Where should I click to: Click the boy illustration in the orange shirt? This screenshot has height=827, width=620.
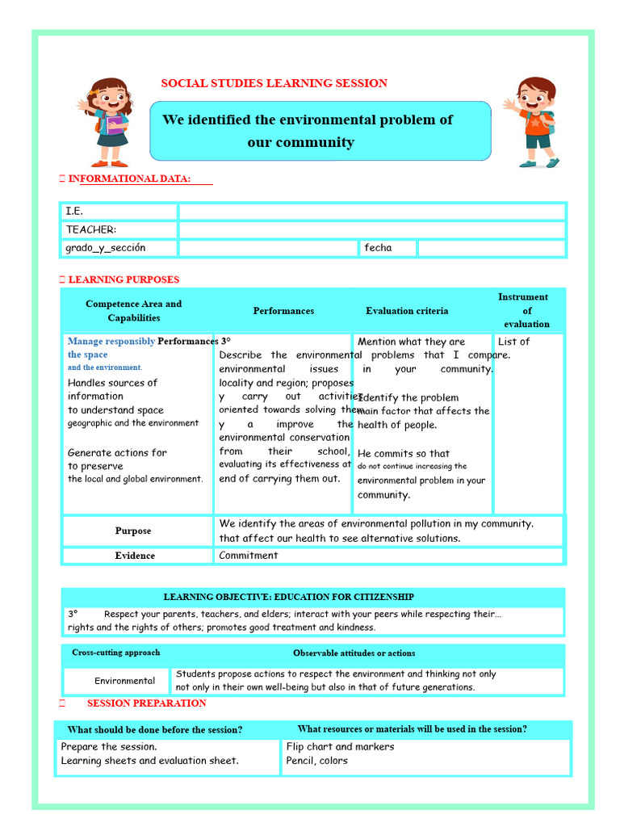coord(534,122)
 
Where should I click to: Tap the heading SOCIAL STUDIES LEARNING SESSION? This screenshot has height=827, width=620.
coord(274,83)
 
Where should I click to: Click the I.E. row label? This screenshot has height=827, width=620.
coord(74,211)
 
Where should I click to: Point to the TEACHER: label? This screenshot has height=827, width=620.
coord(91,229)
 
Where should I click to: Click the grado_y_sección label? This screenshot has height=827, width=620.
coord(106,248)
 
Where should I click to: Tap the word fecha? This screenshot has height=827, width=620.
coord(378,248)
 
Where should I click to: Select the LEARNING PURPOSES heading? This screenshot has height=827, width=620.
coord(124,279)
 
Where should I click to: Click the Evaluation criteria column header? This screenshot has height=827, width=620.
coord(407,311)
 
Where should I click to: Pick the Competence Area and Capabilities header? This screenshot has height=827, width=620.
coord(134,311)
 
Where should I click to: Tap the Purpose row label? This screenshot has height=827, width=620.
coord(133,531)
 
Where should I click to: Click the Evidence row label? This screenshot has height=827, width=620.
coord(134,556)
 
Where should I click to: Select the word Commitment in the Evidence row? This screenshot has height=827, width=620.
coord(249,556)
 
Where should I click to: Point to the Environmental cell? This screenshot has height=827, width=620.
coord(124,681)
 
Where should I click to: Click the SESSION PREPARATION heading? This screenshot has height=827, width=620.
coord(146,703)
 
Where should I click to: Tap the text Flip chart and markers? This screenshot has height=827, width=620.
coord(340,747)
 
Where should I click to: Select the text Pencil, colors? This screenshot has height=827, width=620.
coord(317,761)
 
